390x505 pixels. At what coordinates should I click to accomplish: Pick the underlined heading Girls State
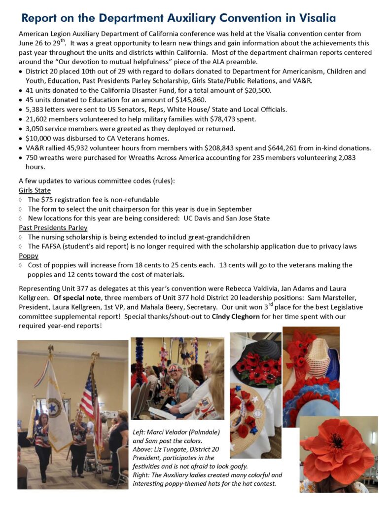pos(35,190)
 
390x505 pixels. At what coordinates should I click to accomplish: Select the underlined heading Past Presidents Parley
pos(53,227)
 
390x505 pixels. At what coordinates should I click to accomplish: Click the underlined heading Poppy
pos(28,255)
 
